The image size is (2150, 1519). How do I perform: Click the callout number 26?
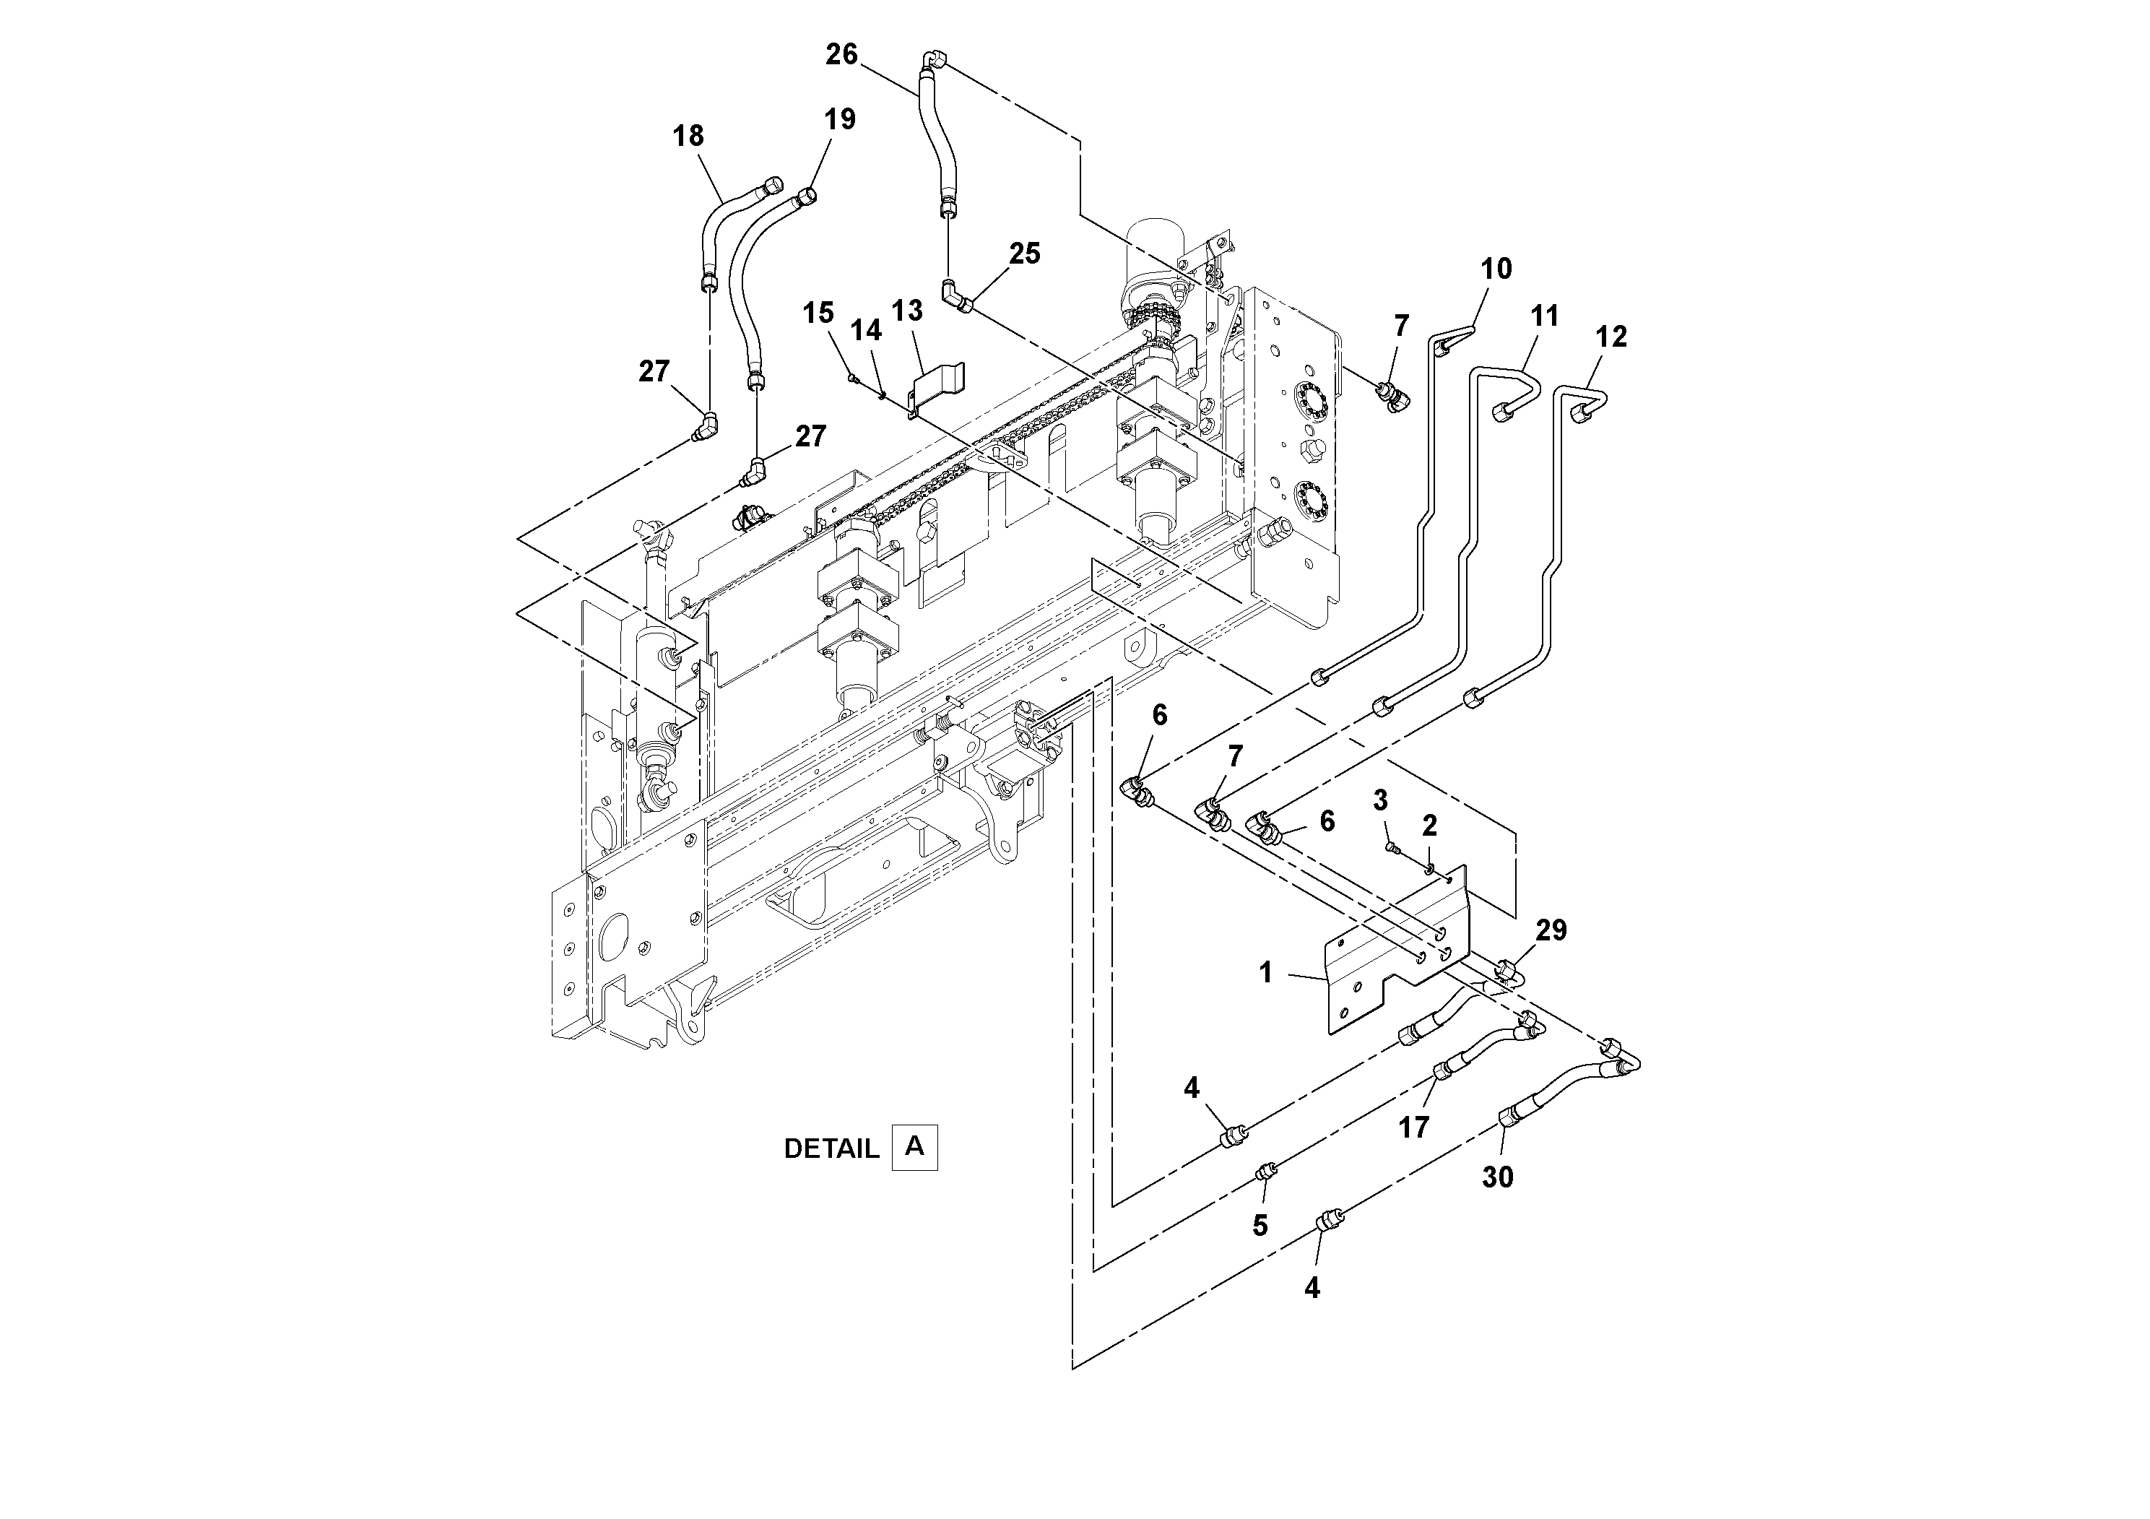click(841, 54)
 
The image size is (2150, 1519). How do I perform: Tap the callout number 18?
click(688, 137)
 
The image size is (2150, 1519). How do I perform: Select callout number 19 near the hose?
click(839, 120)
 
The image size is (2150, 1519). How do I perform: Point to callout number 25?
click(1024, 254)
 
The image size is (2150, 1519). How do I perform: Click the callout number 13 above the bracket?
click(906, 311)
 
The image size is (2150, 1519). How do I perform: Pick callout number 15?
click(818, 313)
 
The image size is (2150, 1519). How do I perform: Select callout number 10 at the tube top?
click(1496, 269)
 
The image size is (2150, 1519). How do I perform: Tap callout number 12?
click(1611, 337)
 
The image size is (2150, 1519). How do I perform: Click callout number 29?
click(1551, 931)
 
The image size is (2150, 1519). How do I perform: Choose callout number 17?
click(1413, 1128)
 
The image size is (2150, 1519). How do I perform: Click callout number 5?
click(1260, 1226)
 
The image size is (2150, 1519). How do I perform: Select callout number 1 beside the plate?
click(1265, 973)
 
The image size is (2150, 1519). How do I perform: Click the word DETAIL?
click(831, 1149)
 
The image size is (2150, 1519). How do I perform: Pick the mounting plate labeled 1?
click(1386, 983)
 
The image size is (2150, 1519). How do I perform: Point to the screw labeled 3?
click(1392, 847)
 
